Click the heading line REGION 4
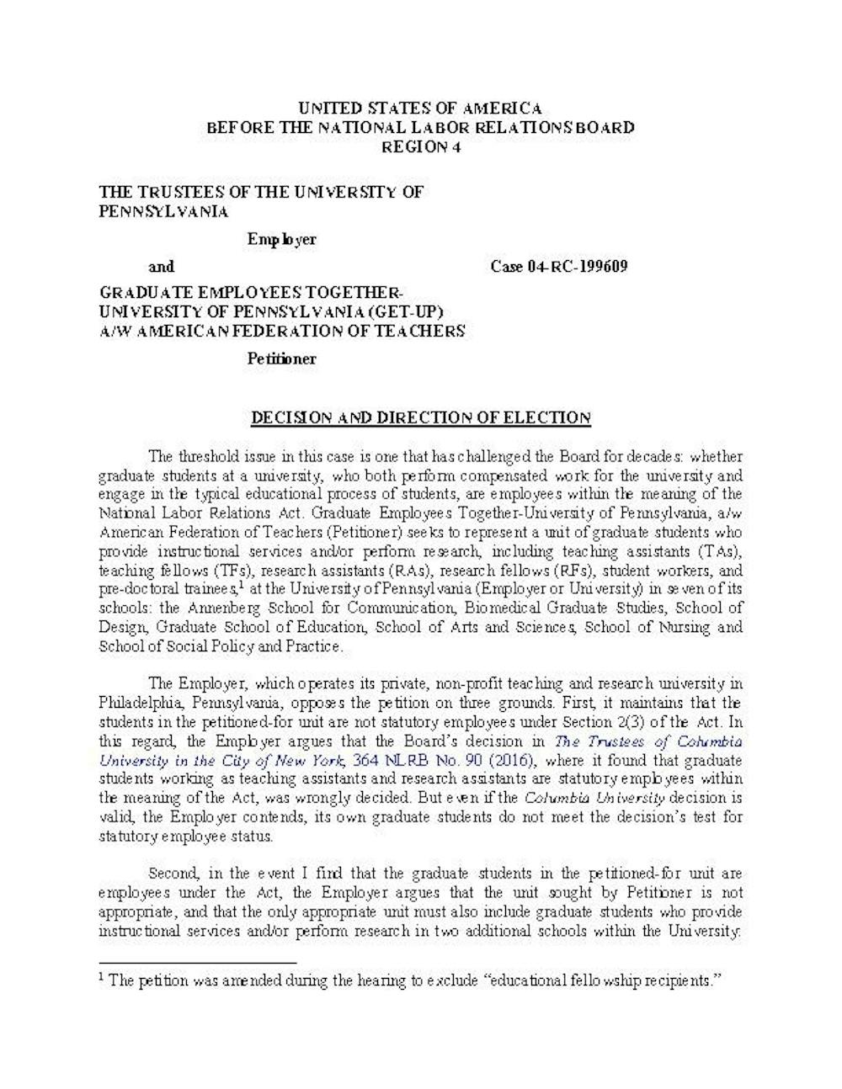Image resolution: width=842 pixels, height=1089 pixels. [420, 146]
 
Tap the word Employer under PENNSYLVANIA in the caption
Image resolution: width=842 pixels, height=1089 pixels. [281, 239]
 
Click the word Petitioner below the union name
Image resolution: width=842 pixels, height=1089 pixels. [281, 359]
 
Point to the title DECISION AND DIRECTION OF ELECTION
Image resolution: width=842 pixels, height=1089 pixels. [421, 417]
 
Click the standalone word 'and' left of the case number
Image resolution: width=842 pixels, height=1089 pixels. [161, 267]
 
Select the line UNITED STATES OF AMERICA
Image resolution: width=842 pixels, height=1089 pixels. [420, 108]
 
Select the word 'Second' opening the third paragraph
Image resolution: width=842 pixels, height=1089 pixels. [172, 874]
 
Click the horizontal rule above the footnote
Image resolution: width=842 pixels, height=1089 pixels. [198, 961]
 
